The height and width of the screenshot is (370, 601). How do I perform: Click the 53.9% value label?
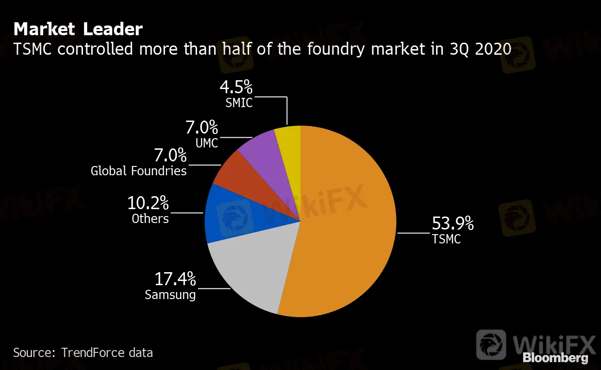pyautogui.click(x=453, y=224)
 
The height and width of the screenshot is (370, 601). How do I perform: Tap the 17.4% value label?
pyautogui.click(x=175, y=280)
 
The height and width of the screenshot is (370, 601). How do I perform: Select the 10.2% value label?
pyautogui.click(x=148, y=203)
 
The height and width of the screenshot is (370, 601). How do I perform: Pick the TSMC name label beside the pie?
pyautogui.click(x=446, y=239)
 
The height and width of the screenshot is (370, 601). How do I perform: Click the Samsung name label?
pyautogui.click(x=170, y=294)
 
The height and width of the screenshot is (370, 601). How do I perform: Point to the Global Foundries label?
pyautogui.click(x=139, y=171)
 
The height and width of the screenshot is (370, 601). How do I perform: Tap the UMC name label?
pyautogui.click(x=207, y=143)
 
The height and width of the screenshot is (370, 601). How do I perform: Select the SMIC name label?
pyautogui.click(x=239, y=102)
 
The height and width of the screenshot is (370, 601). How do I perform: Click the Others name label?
pyautogui.click(x=150, y=218)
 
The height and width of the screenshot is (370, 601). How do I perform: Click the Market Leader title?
pyautogui.click(x=78, y=29)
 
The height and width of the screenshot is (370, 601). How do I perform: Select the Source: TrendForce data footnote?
pyautogui.click(x=83, y=352)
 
